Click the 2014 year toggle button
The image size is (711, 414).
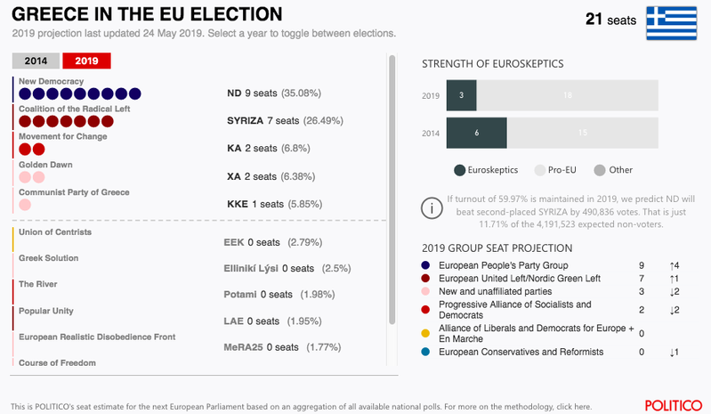36,61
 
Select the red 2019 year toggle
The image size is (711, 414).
86,61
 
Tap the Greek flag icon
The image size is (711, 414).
670,22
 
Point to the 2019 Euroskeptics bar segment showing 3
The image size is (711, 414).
461,95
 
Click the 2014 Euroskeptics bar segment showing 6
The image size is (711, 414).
476,132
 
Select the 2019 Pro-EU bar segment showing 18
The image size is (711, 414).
567,95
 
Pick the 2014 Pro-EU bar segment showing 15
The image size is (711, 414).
582,132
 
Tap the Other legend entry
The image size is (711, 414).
613,170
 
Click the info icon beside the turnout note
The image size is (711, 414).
432,208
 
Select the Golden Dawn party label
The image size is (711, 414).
45,165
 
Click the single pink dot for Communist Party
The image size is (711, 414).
25,205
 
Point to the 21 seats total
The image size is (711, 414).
611,19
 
